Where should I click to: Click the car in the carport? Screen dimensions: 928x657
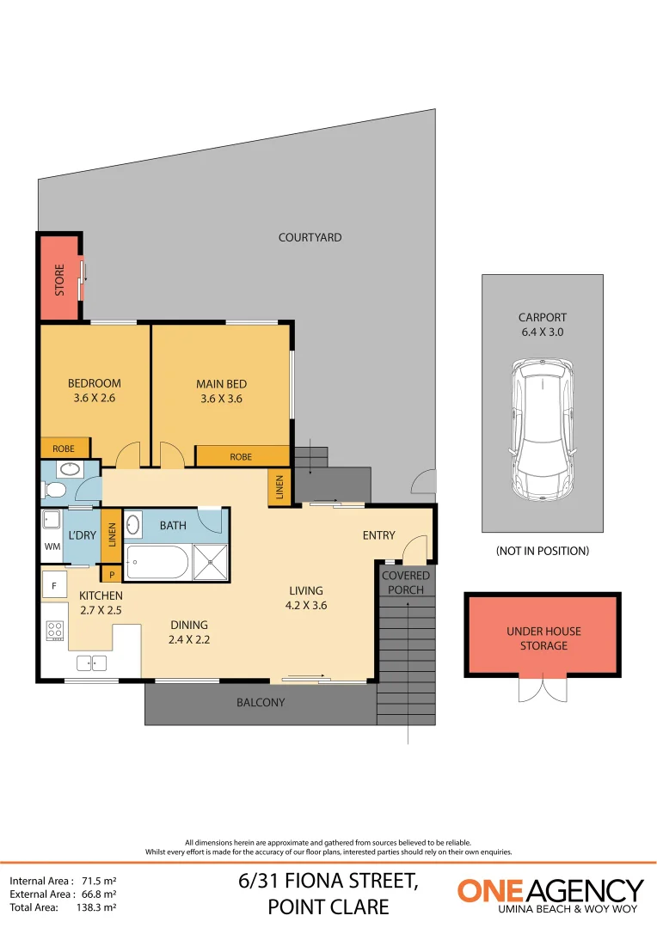[x=542, y=430]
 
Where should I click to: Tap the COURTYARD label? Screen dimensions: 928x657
[x=310, y=237]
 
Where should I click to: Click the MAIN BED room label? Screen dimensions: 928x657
[x=223, y=384]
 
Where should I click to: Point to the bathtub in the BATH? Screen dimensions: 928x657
[x=157, y=563]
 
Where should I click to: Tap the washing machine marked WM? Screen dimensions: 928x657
[x=51, y=546]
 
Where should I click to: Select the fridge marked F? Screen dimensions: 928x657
[x=54, y=585]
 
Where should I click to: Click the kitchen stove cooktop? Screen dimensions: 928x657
[x=55, y=631]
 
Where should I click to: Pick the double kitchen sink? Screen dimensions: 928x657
[x=91, y=662]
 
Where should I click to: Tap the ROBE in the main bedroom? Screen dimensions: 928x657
[x=241, y=456]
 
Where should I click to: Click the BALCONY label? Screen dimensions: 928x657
[x=261, y=702]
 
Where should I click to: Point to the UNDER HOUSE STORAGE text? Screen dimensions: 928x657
[x=543, y=638]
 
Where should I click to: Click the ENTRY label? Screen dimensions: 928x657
[x=378, y=535]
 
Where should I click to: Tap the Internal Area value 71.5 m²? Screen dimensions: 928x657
[x=99, y=881]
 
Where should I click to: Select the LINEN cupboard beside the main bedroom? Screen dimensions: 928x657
[x=280, y=486]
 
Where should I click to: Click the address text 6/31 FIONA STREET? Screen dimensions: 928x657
[x=328, y=881]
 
